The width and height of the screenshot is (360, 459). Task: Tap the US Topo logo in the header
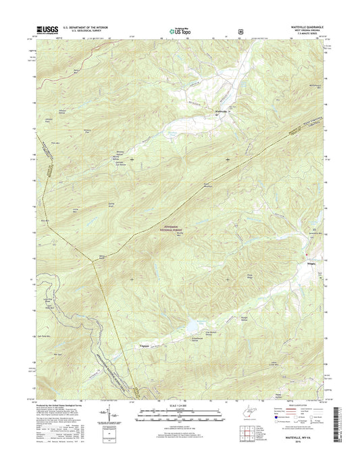click(179, 30)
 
